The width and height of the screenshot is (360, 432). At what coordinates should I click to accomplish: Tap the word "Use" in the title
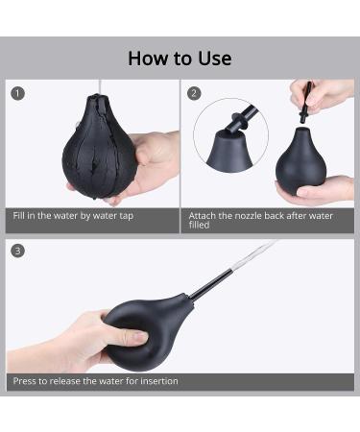pos(215,59)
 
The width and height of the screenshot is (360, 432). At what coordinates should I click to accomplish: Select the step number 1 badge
pos(17,93)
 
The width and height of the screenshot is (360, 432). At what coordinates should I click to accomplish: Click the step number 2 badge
pos(194,93)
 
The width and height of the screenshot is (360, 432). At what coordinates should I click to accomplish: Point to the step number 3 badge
pos(17,251)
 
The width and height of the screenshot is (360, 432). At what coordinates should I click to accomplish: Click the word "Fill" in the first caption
pos(18,215)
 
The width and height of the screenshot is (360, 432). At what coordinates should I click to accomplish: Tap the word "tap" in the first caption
pos(126,216)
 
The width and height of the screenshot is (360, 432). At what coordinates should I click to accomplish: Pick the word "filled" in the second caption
pos(199,225)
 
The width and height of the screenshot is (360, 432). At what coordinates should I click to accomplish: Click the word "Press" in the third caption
pos(24,381)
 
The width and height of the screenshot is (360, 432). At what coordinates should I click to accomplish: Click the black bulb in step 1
pos(99,147)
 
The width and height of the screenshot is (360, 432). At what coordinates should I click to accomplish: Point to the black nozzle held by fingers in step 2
pos(305,103)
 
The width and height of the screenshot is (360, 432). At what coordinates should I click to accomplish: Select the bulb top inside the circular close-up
pos(229,151)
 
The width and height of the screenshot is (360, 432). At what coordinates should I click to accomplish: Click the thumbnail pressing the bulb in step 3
pos(140,337)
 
